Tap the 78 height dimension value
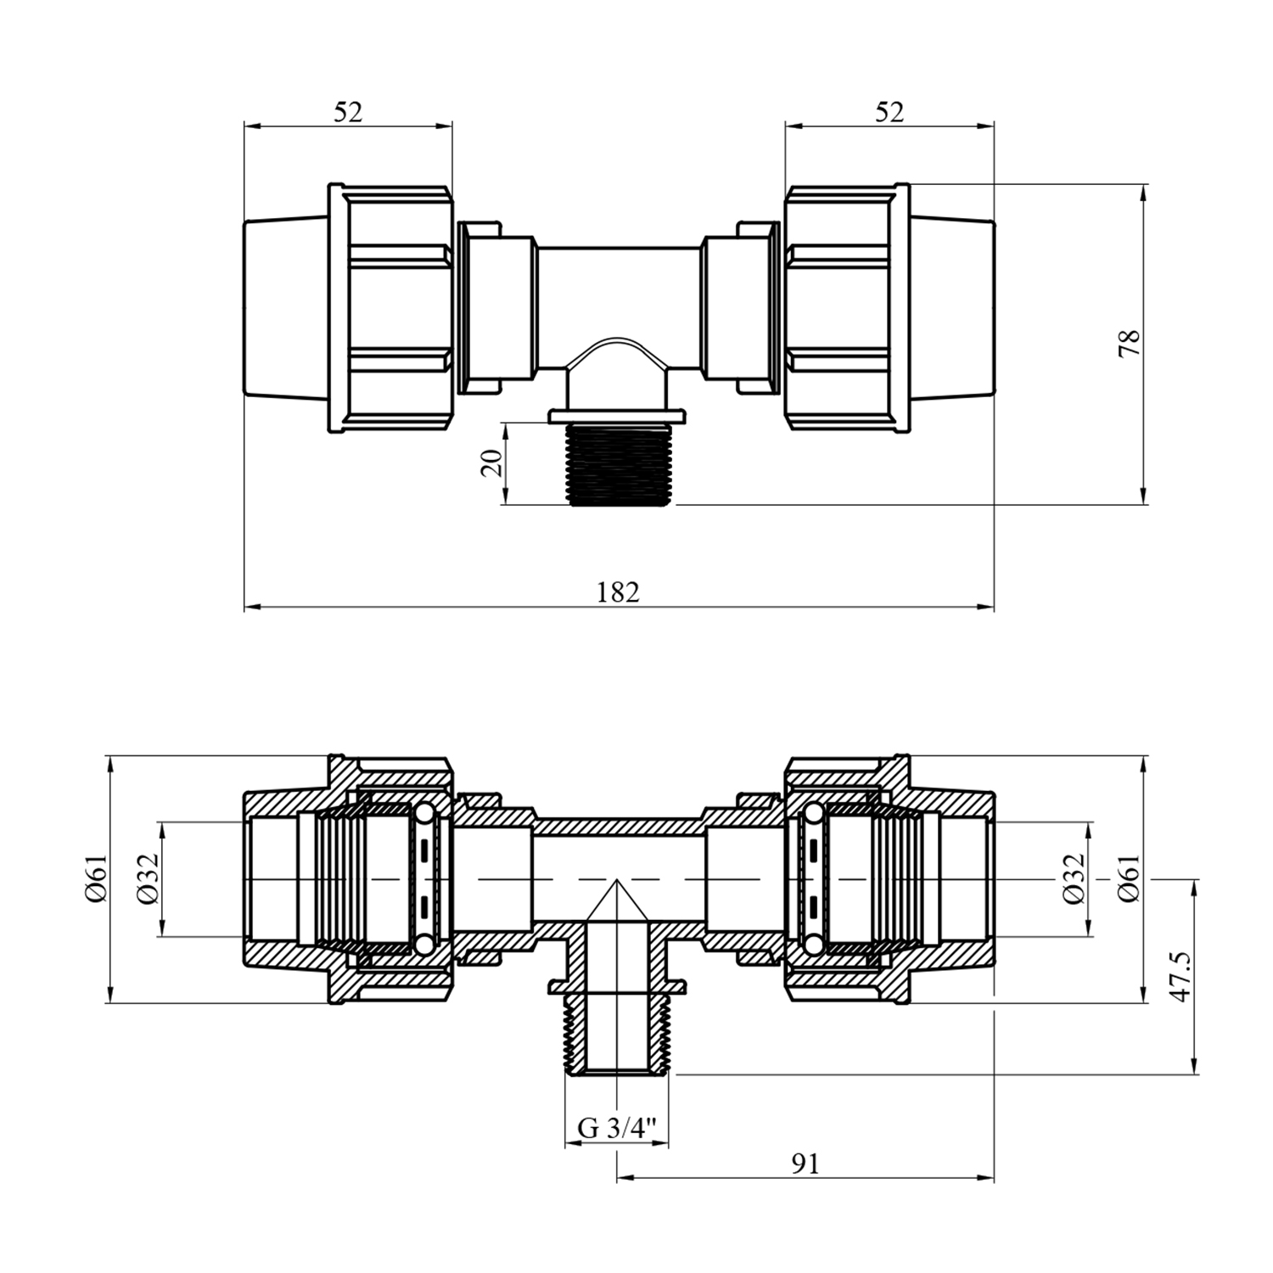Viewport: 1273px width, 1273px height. coord(1130,342)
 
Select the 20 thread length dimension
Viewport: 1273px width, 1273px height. coord(493,463)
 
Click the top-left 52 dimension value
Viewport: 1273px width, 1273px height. coord(348,112)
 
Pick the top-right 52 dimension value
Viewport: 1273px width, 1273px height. coord(889,112)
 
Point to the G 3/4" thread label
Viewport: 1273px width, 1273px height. coord(618,1128)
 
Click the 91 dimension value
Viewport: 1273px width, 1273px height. coord(805,1164)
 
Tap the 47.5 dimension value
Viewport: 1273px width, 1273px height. coord(1180,976)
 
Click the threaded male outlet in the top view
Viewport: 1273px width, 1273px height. coord(619,464)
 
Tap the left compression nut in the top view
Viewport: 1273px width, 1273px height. coord(390,308)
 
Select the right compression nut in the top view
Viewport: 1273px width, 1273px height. coord(847,308)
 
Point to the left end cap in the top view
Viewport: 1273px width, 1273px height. coord(286,308)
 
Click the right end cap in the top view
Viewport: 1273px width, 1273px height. coord(951,308)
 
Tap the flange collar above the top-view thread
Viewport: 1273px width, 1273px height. coord(619,416)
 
